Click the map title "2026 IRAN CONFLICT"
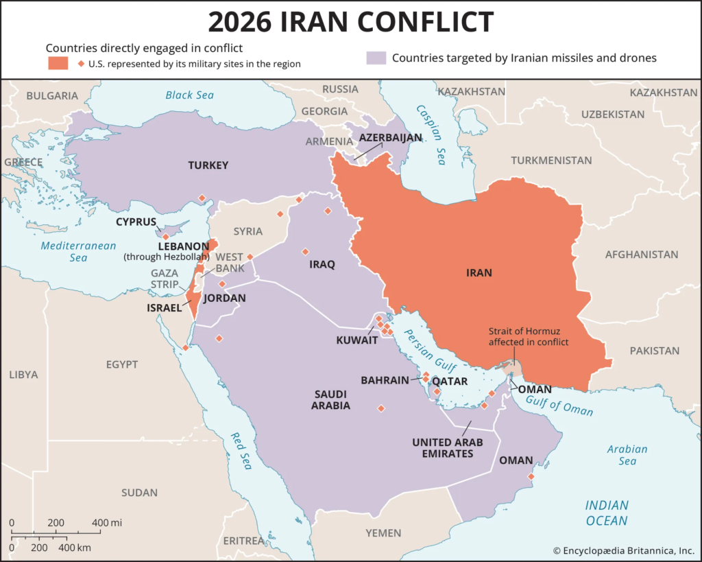(x=350, y=22)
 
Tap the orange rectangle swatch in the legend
(x=58, y=63)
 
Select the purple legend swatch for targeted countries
(x=376, y=58)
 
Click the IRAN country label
(x=479, y=272)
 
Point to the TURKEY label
(x=208, y=165)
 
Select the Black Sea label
(x=190, y=95)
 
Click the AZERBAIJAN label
(x=390, y=138)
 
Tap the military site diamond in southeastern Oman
(x=531, y=476)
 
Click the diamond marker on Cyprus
(x=165, y=236)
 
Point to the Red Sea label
(x=241, y=451)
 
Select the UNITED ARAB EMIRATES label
(x=448, y=447)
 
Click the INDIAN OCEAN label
(x=606, y=513)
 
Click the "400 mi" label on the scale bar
(x=106, y=523)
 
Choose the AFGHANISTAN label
(x=642, y=255)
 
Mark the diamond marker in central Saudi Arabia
(x=381, y=408)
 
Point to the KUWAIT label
(x=356, y=340)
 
